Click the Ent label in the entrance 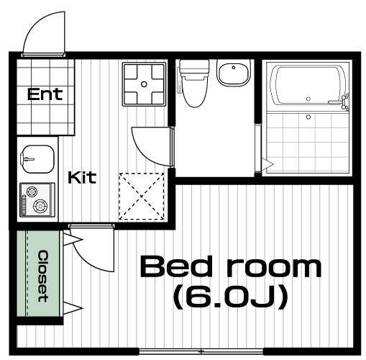click(x=45, y=94)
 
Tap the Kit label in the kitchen click(x=82, y=178)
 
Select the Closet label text click(x=43, y=276)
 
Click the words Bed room click(x=231, y=266)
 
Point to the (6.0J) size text click(x=230, y=297)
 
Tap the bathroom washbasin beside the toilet click(x=233, y=72)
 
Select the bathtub click(x=308, y=86)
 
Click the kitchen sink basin click(x=37, y=159)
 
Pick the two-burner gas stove click(x=37, y=199)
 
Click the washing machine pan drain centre click(x=144, y=84)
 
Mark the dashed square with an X click(x=142, y=197)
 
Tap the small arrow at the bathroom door click(x=267, y=164)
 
